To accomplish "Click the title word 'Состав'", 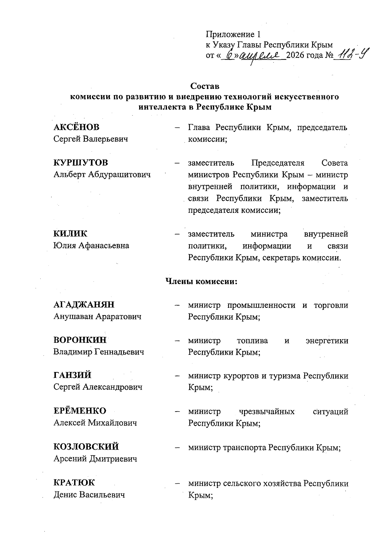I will pyautogui.click(x=205, y=86).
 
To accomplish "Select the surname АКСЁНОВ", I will pyautogui.click(x=76, y=127).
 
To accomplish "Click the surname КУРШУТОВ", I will pyautogui.click(x=81, y=163).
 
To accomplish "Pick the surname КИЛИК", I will pyautogui.click(x=71, y=234).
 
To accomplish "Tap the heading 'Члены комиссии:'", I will pyautogui.click(x=202, y=281).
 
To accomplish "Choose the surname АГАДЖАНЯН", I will pyautogui.click(x=84, y=305).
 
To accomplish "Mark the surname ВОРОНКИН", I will pyautogui.click(x=80, y=340).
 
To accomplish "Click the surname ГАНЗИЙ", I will pyautogui.click(x=72, y=376).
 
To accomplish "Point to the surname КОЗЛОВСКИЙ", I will pyautogui.click(x=86, y=447).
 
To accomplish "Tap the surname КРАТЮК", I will pyautogui.click(x=74, y=483).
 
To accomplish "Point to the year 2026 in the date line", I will pyautogui.click(x=296, y=56).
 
